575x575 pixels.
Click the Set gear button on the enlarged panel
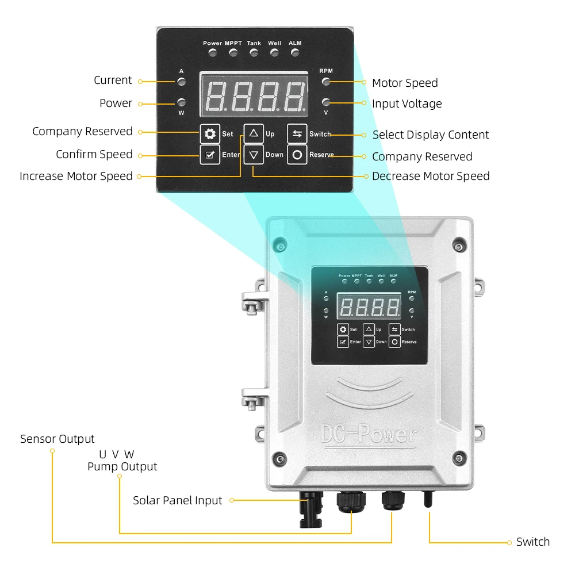coord(210,134)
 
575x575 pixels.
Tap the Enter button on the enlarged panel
coord(210,155)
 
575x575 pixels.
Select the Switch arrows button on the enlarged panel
coord(297,134)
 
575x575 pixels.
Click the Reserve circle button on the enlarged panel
coord(297,155)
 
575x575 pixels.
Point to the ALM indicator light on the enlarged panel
coord(295,53)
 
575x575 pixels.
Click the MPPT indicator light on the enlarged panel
coord(233,53)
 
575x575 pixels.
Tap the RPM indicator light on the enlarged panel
coord(326,81)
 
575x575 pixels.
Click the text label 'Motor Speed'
coord(405,83)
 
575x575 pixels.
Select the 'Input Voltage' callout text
coord(407,103)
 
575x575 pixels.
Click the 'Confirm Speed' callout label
coord(94,154)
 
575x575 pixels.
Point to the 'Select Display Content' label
coord(431,135)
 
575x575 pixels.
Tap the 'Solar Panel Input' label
coord(177,500)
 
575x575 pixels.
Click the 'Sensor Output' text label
coord(57,439)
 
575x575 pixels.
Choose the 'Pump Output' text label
coord(122,466)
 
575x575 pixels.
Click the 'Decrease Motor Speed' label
coord(431,176)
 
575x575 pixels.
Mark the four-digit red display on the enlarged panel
coord(254,95)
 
